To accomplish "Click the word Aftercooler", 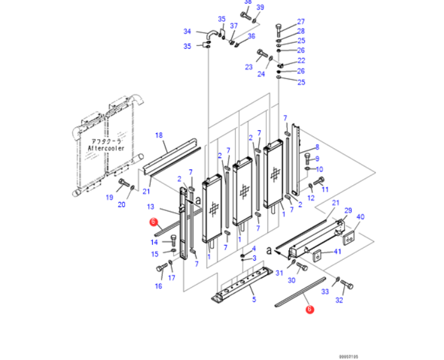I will pyautogui.click(x=105, y=147).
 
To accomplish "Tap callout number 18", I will pyautogui.click(x=159, y=135).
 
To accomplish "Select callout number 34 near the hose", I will pyautogui.click(x=187, y=31).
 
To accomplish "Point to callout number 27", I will pyautogui.click(x=301, y=22).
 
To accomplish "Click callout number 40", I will pyautogui.click(x=361, y=216).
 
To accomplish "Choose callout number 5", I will pyautogui.click(x=254, y=299).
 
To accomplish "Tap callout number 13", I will pyautogui.click(x=151, y=207).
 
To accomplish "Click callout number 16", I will pyautogui.click(x=158, y=286).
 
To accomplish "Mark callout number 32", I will pyautogui.click(x=339, y=300).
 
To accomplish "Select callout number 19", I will pyautogui.click(x=110, y=197).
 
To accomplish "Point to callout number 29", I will pyautogui.click(x=348, y=210).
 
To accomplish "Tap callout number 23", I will pyautogui.click(x=248, y=67).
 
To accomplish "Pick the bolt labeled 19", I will pyautogui.click(x=124, y=183).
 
